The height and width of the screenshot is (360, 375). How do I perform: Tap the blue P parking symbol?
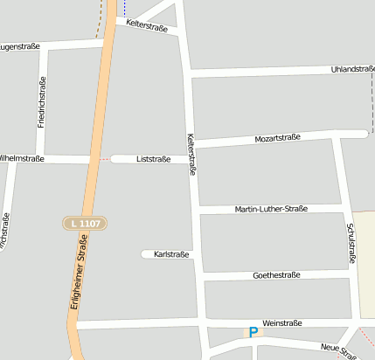click(253, 331)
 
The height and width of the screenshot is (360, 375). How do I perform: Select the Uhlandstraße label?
click(352, 69)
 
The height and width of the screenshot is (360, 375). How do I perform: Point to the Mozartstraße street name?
click(277, 138)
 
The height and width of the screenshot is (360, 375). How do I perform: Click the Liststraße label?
click(154, 159)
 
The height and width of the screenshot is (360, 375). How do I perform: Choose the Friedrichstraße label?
click(41, 102)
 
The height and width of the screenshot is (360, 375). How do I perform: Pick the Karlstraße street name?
click(171, 254)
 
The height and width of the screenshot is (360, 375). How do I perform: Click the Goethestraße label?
click(275, 274)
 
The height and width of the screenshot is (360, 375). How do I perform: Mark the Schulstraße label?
click(351, 243)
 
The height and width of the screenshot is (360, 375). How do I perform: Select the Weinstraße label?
click(281, 322)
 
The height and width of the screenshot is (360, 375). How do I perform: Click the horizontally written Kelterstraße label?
click(147, 25)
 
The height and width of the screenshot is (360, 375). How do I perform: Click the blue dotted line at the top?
click(124, 9)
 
